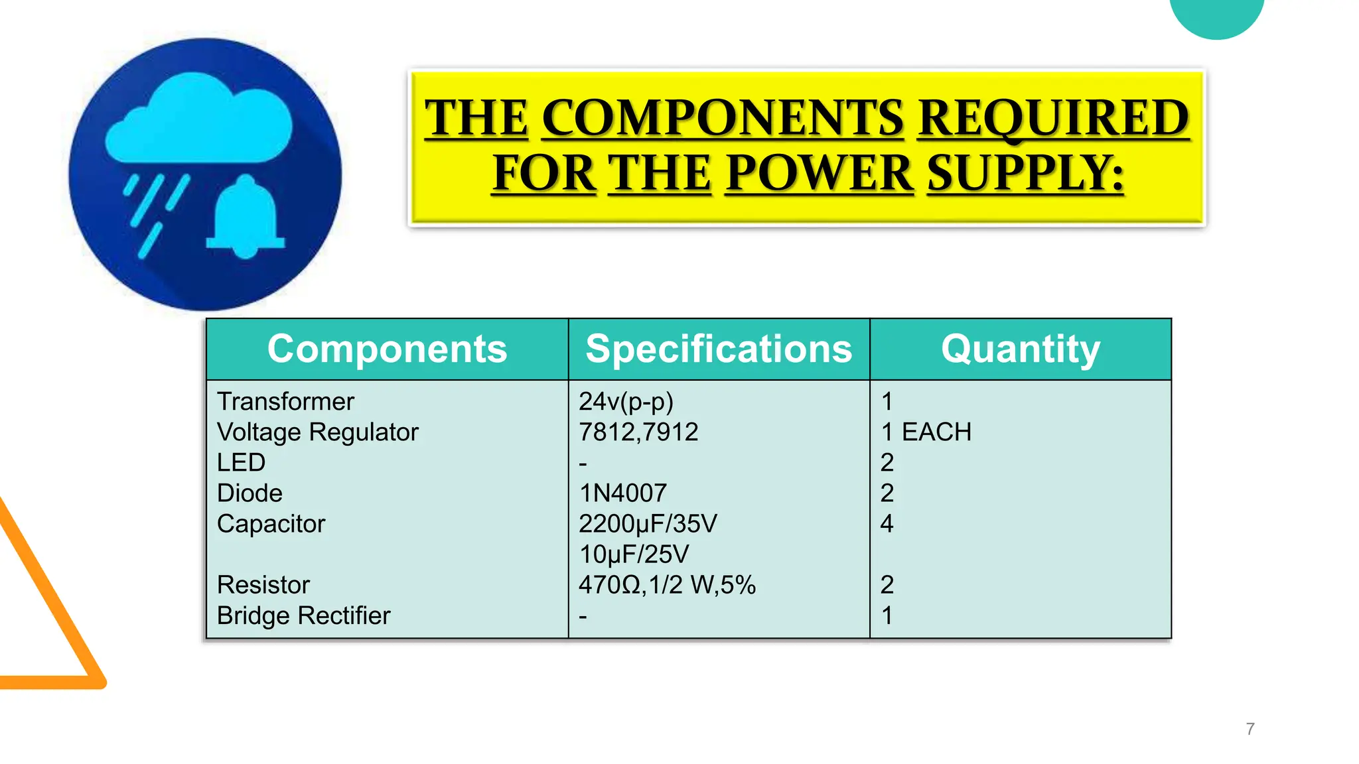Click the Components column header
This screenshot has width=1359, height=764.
tap(387, 349)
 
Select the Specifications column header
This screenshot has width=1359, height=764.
tap(719, 349)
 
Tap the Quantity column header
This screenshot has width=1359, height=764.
tap(1020, 349)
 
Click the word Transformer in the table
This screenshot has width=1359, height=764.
tap(285, 402)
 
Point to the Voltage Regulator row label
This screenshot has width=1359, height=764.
tap(317, 432)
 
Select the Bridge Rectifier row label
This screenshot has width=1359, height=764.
tap(303, 615)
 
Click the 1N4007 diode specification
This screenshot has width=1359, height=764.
tap(622, 493)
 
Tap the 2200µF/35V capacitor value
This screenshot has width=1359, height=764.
tap(648, 524)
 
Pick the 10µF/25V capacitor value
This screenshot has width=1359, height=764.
tap(634, 554)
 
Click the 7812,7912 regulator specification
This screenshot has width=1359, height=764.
tap(638, 432)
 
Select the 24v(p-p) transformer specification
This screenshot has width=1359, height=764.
tap(626, 402)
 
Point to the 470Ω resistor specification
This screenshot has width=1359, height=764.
tap(667, 585)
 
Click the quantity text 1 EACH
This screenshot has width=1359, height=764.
tap(926, 432)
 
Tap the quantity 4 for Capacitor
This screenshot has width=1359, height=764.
tap(887, 524)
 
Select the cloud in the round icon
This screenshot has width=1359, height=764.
tap(199, 119)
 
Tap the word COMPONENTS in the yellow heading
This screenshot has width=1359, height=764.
tap(723, 118)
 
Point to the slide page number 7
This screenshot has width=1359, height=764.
tap(1250, 729)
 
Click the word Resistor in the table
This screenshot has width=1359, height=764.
tap(263, 585)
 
